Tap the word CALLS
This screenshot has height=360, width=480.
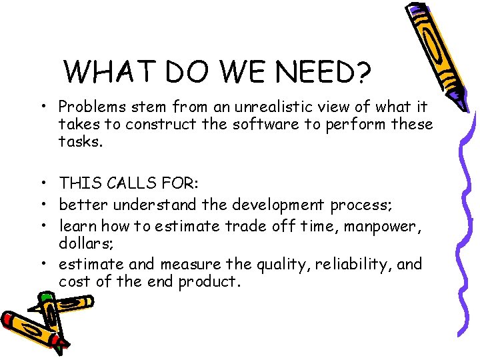[135, 183]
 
